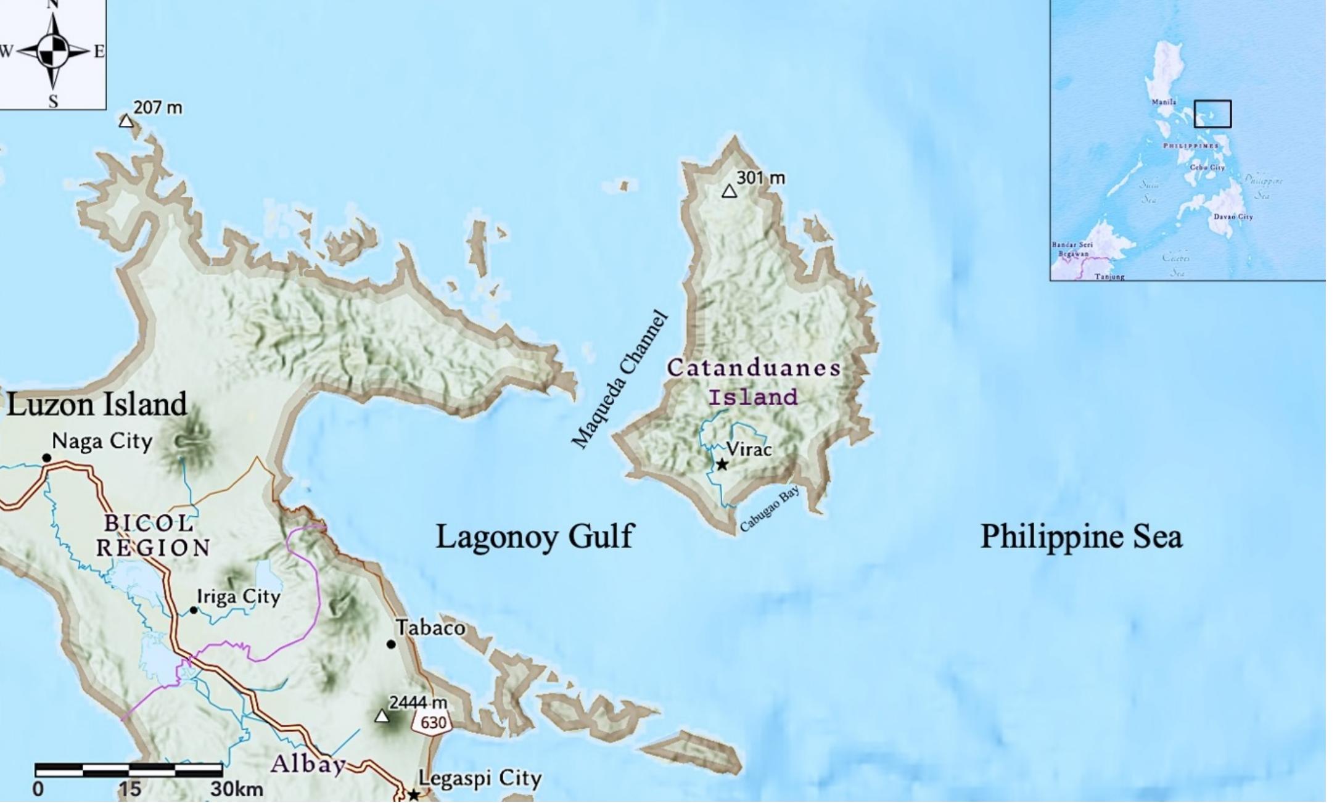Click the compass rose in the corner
[x=53, y=52]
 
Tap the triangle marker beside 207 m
[x=126, y=121]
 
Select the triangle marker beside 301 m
[x=730, y=192]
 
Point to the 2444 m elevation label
[x=418, y=703]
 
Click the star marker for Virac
[x=722, y=464]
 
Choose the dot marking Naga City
[x=46, y=458]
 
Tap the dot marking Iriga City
[x=194, y=610]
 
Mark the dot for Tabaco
[x=391, y=644]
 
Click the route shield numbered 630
[x=433, y=722]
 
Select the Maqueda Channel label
[x=620, y=381]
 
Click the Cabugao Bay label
[x=769, y=509]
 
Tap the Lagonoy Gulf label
[x=535, y=535]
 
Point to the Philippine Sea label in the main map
[x=1081, y=536]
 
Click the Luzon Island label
[x=97, y=405]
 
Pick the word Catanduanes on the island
[x=754, y=368]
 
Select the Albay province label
[x=308, y=764]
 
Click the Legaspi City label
[x=480, y=778]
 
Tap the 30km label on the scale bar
[x=237, y=789]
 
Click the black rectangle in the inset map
[x=1212, y=114]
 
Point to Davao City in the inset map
[x=1233, y=217]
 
